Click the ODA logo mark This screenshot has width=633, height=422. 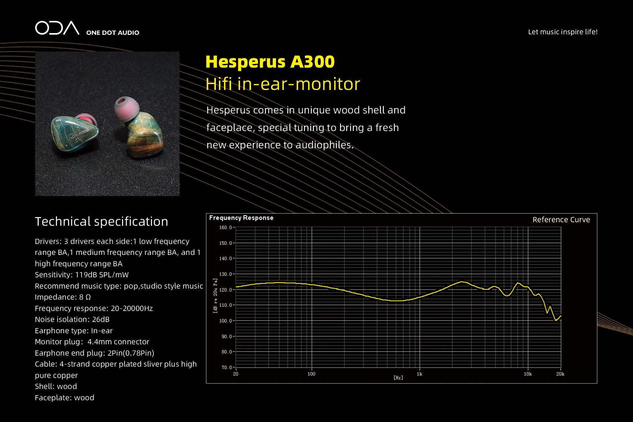[x=57, y=28]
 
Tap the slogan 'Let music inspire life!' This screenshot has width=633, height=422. [x=563, y=32]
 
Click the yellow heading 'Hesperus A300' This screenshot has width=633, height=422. [x=270, y=62]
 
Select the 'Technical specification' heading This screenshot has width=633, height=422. [x=102, y=222]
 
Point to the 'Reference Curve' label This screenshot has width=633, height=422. [x=561, y=220]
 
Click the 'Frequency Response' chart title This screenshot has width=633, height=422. [x=241, y=218]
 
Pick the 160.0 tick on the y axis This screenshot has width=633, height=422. [x=225, y=228]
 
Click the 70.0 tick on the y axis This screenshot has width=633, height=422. [x=226, y=368]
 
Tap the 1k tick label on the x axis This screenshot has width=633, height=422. [x=419, y=374]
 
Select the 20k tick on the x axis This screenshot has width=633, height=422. [x=560, y=374]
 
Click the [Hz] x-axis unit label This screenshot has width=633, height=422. [x=398, y=378]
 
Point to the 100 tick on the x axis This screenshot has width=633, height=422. [x=311, y=374]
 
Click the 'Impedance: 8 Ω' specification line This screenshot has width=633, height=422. [x=63, y=297]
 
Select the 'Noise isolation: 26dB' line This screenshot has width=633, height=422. [x=72, y=320]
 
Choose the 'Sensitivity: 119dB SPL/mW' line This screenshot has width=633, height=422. [x=82, y=275]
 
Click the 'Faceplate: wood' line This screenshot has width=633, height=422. [x=64, y=398]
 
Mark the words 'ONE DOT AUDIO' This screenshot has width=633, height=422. [x=113, y=33]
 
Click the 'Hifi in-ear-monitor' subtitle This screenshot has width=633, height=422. [x=283, y=84]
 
